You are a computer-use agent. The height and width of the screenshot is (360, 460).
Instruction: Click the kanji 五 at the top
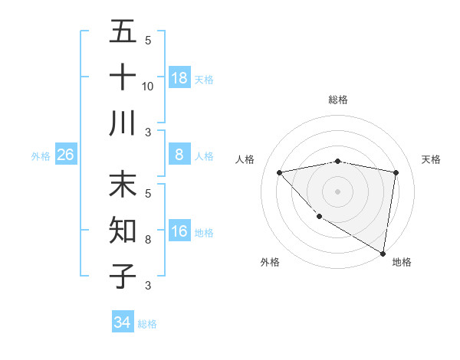point(123,31)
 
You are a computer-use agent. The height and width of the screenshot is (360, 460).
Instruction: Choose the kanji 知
point(123,231)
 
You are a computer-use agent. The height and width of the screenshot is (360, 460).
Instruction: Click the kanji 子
point(123,276)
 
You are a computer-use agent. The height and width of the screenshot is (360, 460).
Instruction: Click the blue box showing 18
point(179,78)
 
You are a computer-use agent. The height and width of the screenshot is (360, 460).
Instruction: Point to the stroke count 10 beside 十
point(148,86)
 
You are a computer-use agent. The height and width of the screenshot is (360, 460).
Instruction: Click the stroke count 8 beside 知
point(148,240)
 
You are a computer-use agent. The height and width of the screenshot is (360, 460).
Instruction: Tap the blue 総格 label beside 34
point(147,324)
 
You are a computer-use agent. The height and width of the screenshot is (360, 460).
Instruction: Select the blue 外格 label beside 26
point(41,156)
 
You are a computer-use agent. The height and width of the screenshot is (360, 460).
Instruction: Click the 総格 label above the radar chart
point(337,100)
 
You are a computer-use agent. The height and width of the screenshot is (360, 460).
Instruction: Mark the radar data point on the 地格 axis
point(383,253)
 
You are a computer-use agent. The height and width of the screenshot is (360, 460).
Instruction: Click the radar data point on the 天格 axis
point(396,172)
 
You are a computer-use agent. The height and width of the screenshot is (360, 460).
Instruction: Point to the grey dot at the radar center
point(337,191)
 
